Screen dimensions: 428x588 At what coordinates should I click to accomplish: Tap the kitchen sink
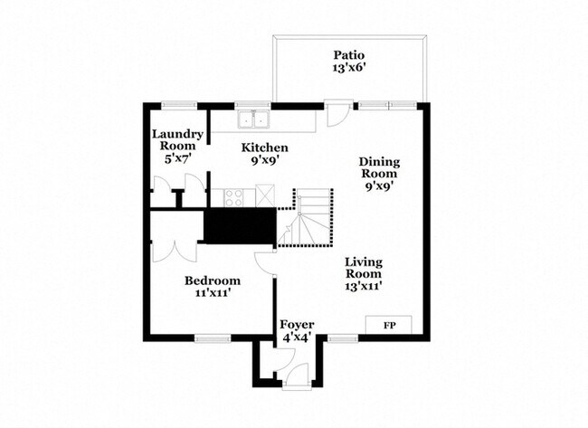coord(254,118)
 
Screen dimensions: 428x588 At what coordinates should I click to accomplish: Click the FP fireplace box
coord(389,324)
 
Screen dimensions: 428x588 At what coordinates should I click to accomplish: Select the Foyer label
coord(296,324)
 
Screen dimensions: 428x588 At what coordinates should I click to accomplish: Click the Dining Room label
coord(380,167)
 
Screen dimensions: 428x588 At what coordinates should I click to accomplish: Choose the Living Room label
coord(363,267)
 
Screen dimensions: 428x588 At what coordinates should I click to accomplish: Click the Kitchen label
coord(264,147)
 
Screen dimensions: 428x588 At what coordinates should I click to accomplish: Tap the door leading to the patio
coord(336,115)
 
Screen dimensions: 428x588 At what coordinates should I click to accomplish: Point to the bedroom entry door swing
coord(264,262)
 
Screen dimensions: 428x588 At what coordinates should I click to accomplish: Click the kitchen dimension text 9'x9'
coord(264,161)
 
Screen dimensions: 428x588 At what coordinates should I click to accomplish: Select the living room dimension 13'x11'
coord(363,286)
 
